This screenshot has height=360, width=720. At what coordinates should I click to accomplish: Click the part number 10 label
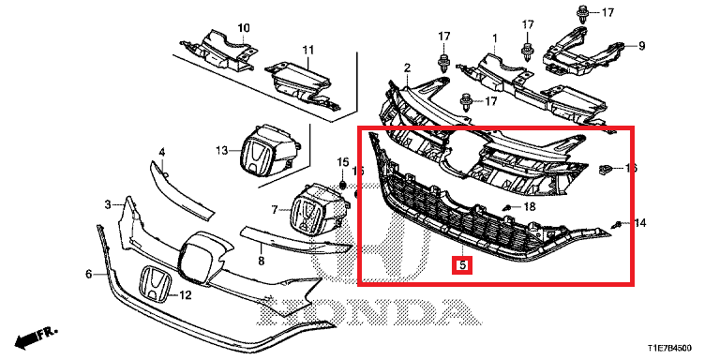(x=244, y=27)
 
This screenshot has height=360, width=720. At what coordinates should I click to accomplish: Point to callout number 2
(x=408, y=67)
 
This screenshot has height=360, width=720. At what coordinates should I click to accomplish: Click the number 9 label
(x=642, y=45)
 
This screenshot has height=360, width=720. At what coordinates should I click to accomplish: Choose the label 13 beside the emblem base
(x=221, y=150)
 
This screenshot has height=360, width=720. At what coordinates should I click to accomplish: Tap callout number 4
(x=161, y=152)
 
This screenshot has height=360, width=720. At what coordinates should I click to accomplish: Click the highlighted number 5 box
(x=461, y=264)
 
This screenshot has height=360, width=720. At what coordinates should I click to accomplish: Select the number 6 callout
(x=89, y=275)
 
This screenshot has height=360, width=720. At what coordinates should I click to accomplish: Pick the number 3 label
(x=108, y=203)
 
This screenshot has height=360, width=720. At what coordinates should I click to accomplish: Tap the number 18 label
(x=529, y=205)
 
